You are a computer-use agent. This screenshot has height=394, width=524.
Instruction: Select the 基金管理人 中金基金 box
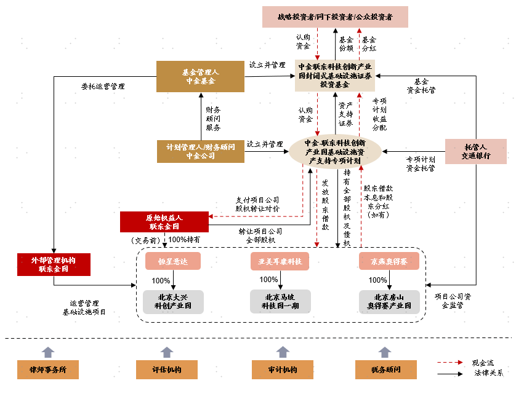point(200,77)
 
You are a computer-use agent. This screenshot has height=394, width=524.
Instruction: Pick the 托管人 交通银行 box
point(476,151)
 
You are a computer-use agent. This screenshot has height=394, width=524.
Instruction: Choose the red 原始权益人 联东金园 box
point(164,222)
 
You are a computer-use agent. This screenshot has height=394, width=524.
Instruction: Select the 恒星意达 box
point(174,261)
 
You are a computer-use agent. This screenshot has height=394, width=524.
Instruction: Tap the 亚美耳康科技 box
point(280,261)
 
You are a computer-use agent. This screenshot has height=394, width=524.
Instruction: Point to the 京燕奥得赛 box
point(389,261)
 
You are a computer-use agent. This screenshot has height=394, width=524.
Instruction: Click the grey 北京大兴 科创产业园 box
point(174,302)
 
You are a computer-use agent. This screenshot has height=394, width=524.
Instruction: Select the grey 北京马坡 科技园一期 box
point(280,302)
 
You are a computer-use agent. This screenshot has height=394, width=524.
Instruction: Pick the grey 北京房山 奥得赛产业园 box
point(389,302)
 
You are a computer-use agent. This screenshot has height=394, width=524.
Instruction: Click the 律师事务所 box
point(48,370)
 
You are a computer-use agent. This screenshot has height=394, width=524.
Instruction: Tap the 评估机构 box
point(166,370)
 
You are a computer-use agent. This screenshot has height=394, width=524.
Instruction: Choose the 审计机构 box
point(283,370)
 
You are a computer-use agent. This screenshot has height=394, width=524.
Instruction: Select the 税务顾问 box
point(385,370)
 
